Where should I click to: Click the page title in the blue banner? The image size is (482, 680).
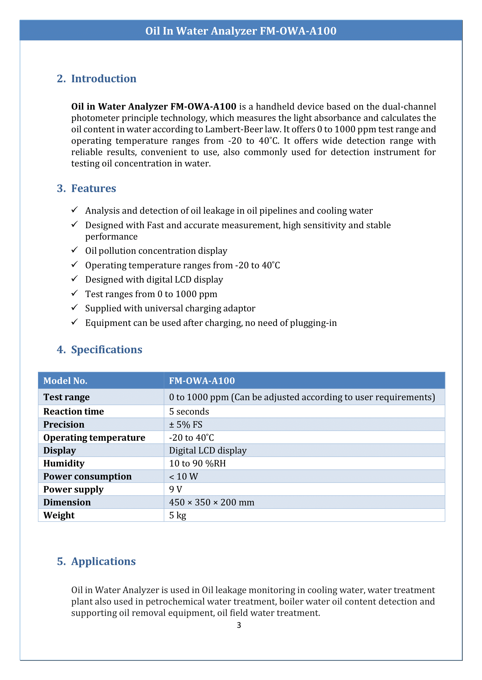coord(241,31)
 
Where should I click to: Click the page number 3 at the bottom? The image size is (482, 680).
coord(239,625)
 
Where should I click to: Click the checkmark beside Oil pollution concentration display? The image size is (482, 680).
coord(75,250)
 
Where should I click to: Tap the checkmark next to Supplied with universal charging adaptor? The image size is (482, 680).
coord(75,307)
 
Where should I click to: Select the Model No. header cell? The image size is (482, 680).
coord(65,381)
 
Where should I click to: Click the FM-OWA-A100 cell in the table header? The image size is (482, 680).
coord(202,381)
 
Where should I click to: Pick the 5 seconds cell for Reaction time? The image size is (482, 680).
coord(189,411)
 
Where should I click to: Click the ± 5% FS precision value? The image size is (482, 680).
coord(186,424)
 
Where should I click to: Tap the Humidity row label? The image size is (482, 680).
coord(64,463)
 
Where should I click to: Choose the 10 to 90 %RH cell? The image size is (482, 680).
coord(197,463)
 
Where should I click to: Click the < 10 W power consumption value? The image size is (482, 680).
coord(183,476)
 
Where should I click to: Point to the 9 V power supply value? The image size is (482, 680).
coord(176,489)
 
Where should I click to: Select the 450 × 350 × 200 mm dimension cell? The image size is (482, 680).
coord(212,502)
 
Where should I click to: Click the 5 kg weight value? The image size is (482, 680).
coord(178,515)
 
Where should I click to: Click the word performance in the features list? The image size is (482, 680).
coord(111,237)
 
